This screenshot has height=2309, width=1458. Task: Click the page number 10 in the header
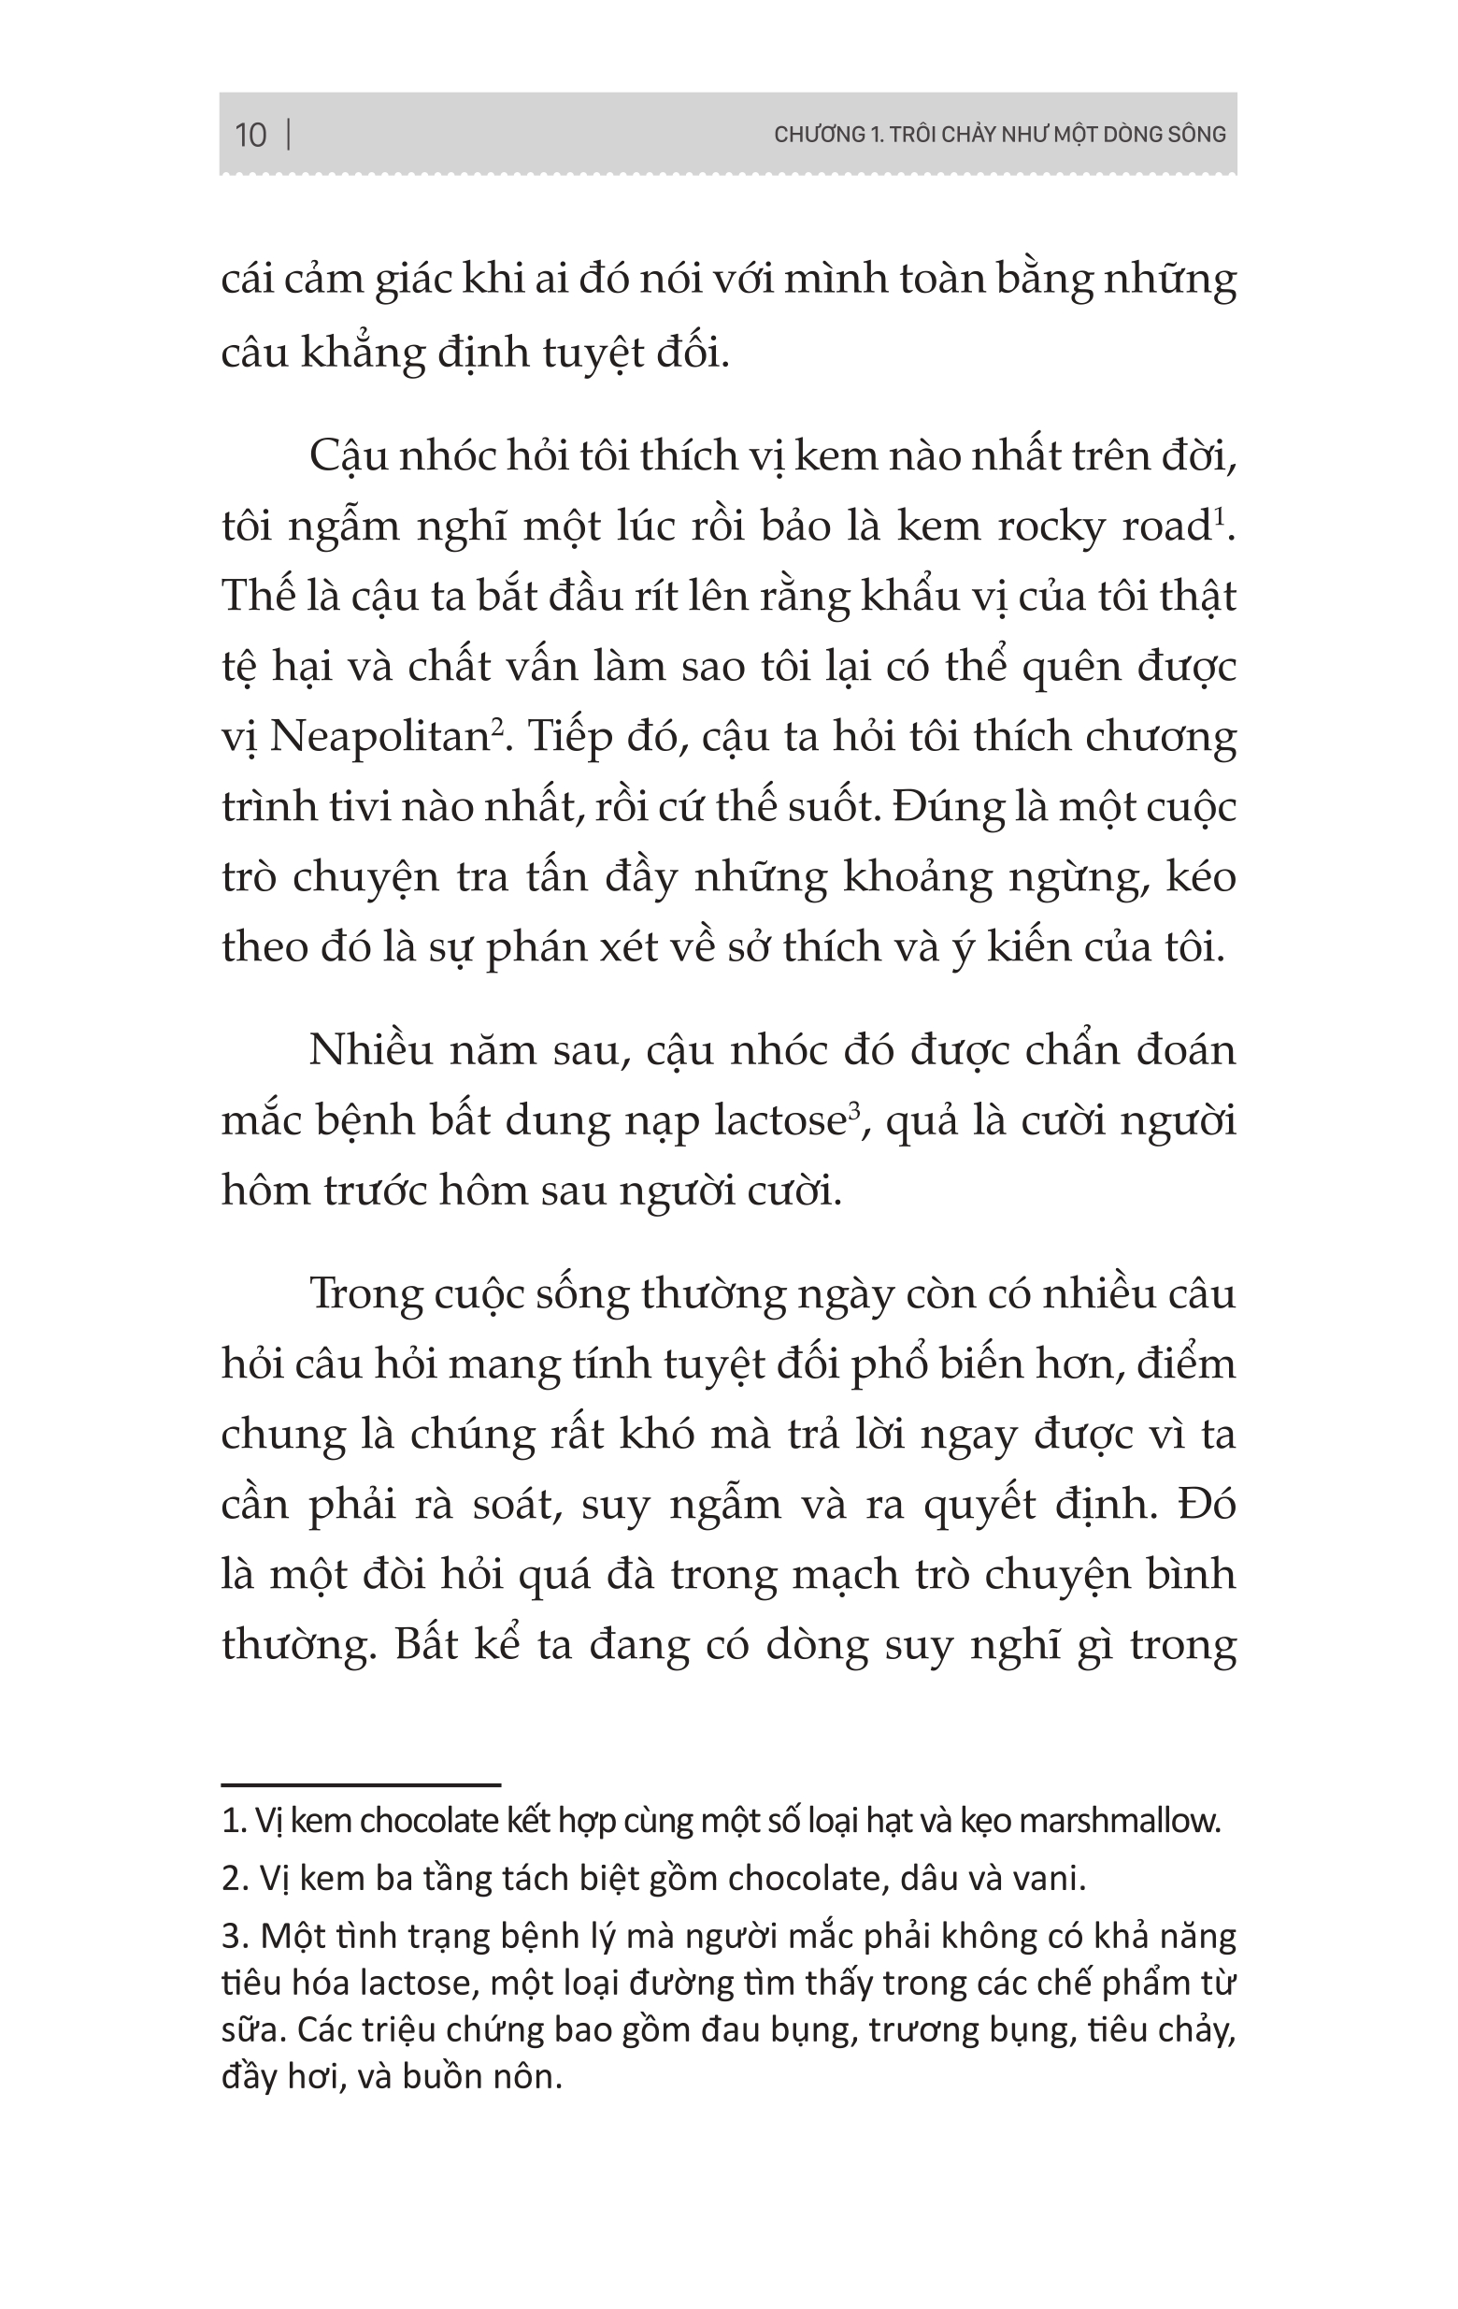coord(250,136)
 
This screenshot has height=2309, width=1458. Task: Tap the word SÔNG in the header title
coord(1196,135)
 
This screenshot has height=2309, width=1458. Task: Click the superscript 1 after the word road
coord(1221,515)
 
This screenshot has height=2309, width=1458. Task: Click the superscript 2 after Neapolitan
coord(497,726)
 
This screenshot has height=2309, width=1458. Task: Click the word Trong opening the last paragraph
coord(366,1294)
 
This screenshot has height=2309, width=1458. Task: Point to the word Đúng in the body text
coord(942,806)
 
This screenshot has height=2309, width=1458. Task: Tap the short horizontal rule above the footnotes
coord(361,1785)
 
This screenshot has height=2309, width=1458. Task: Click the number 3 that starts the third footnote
coord(231,1937)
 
